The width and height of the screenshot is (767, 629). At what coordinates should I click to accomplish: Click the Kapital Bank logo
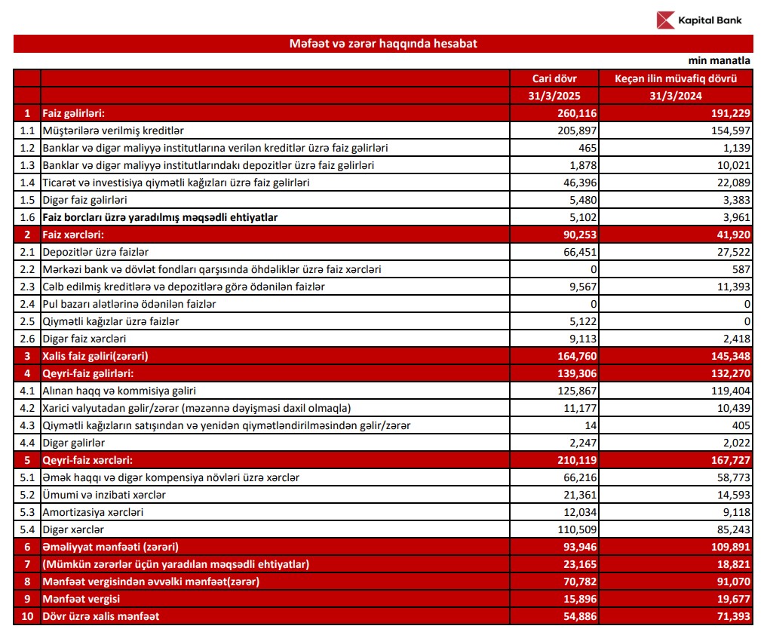click(x=698, y=20)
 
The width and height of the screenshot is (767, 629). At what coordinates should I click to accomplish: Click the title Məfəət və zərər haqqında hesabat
click(x=383, y=44)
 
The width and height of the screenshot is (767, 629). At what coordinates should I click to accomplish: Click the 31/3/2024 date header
click(x=675, y=96)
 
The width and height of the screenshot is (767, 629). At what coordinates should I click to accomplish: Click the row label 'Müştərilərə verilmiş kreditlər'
click(x=114, y=130)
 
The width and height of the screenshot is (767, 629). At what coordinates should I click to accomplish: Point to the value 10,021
click(x=733, y=165)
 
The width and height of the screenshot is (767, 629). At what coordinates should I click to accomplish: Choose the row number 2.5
click(x=27, y=321)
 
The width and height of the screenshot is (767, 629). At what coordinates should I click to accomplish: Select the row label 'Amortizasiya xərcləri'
click(x=94, y=512)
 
